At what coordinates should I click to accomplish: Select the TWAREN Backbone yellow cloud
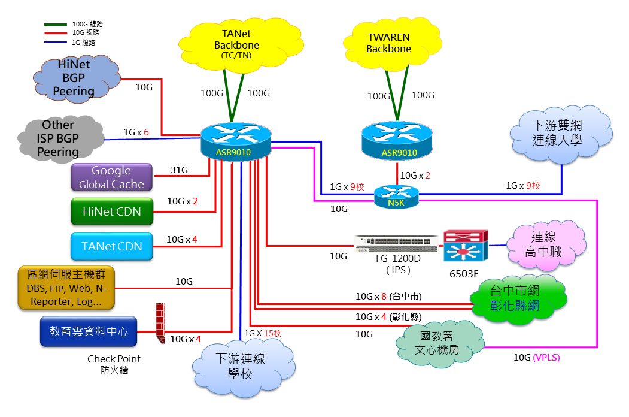(x=389, y=43)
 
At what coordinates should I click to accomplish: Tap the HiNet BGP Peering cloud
(x=73, y=77)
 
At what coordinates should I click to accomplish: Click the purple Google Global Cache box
(x=111, y=177)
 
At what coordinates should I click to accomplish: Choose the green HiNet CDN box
(x=111, y=212)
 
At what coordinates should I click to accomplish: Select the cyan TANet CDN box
(x=111, y=246)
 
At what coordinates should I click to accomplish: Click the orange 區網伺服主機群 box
(x=66, y=288)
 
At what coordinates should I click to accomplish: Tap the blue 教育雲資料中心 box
(x=89, y=331)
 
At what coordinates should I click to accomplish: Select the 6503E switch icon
(x=466, y=246)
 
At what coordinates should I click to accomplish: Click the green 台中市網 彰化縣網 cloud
(x=515, y=299)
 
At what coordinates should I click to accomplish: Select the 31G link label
(x=179, y=170)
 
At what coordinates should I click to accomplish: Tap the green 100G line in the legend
(x=56, y=25)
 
